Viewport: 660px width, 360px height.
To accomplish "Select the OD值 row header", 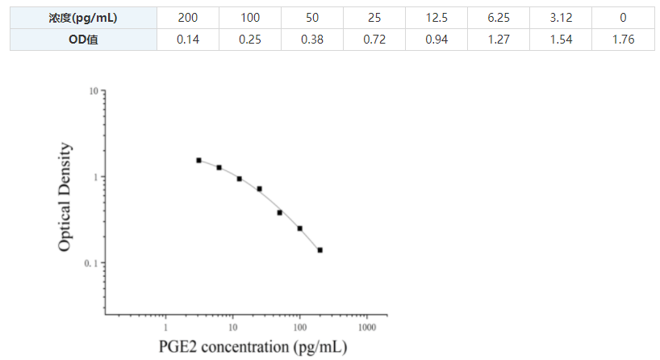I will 84,39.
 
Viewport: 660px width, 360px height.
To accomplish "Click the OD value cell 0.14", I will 188,39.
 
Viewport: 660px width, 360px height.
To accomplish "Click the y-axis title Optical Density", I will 65,197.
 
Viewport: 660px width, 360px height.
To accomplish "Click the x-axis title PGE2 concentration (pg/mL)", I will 253,348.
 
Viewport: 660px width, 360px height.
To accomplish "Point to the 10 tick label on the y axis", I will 94,92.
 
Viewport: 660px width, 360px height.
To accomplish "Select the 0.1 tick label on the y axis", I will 90,264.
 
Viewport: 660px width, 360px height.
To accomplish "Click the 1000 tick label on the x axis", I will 366,328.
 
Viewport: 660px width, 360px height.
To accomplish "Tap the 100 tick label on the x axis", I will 299,328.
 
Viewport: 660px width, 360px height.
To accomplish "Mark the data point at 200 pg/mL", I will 320,250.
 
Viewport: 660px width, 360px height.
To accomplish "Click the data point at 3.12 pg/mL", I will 198,160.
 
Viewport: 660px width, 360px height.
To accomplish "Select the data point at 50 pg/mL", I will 280,212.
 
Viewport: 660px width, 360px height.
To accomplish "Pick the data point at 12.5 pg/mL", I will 240,178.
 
